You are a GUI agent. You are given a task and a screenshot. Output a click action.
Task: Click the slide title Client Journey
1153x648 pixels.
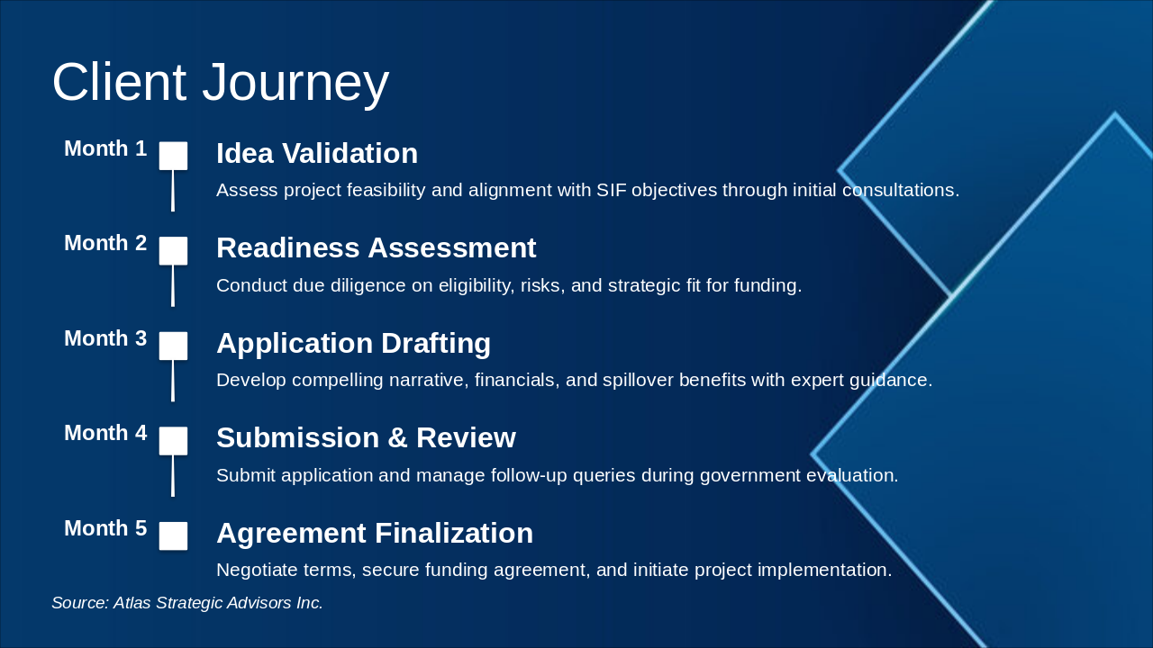[221, 82]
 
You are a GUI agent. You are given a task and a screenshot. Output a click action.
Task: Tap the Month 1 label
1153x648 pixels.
[105, 148]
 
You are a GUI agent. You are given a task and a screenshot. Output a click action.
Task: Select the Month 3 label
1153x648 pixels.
[105, 337]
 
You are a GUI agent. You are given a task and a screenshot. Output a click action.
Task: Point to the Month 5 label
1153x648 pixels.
[105, 527]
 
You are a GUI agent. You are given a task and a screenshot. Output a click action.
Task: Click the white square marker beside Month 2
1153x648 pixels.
[173, 251]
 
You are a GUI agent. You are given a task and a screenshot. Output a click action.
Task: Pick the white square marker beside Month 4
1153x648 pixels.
[173, 441]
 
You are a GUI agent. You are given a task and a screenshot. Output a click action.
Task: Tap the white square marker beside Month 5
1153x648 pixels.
[173, 535]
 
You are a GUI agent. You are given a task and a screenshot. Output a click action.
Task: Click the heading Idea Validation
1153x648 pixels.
[317, 153]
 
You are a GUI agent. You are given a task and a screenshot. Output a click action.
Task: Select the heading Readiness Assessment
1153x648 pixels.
[377, 247]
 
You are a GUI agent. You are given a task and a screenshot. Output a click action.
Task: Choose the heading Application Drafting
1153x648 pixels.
[354, 343]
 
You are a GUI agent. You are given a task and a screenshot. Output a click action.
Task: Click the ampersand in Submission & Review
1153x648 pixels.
[397, 438]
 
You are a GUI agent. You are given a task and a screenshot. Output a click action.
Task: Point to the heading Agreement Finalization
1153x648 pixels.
[375, 533]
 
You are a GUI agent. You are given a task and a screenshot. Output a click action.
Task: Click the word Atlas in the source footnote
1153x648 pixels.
[132, 603]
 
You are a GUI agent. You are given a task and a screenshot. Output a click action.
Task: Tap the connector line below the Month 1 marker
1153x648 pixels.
[173, 191]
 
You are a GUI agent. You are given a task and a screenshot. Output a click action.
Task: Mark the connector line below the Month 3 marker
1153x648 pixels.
[173, 381]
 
